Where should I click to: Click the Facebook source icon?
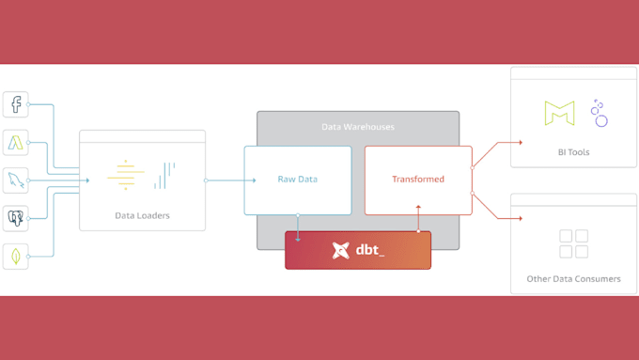pos(15,104)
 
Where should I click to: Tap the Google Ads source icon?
pos(15,143)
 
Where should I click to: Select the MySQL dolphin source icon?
pos(15,180)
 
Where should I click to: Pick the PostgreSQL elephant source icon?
pos(15,218)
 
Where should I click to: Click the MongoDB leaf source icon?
pos(15,255)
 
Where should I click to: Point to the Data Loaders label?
pos(142,215)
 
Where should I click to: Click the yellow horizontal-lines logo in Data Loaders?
pos(125,176)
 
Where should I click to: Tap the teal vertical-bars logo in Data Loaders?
pos(165,174)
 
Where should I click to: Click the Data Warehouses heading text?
pos(358,127)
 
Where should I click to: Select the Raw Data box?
pos(297,180)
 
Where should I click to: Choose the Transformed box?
pos(418,180)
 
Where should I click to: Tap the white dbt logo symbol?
pos(341,250)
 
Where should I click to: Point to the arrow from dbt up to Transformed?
pos(418,223)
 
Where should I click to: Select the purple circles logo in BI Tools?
pos(599,114)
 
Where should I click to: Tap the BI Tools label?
pos(572,150)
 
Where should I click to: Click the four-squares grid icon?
pos(573,243)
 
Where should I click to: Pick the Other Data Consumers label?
pos(573,278)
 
